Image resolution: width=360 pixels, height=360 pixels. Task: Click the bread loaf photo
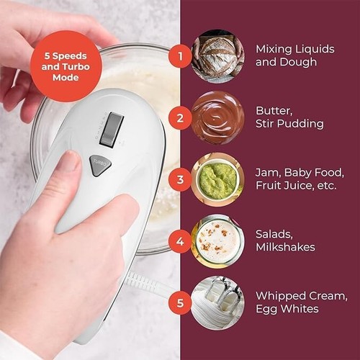click(217, 55)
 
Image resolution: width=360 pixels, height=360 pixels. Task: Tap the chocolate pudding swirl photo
click(217, 117)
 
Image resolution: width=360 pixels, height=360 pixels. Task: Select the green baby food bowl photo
click(217, 179)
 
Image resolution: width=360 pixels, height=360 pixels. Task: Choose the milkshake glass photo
click(217, 241)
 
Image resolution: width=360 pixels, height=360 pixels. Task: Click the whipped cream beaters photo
click(217, 303)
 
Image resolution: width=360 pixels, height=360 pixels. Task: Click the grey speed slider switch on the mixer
click(111, 129)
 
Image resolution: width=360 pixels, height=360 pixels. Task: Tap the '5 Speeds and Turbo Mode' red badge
click(66, 66)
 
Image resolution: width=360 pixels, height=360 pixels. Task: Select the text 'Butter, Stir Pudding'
click(289, 117)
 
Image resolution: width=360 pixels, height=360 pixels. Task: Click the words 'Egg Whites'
click(287, 309)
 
